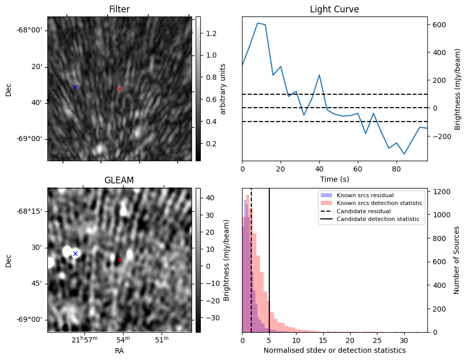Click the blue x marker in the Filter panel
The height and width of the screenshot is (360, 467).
[75, 87]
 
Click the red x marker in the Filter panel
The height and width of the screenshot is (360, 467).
[119, 89]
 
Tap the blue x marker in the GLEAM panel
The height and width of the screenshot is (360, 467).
[75, 253]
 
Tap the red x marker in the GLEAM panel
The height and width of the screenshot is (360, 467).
[119, 260]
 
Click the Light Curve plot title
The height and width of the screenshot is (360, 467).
[334, 9]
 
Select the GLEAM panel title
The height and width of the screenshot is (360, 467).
[119, 180]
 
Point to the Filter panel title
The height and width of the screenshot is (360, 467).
[119, 9]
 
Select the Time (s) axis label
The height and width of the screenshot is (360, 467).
[334, 178]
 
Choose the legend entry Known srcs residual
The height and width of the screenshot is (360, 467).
[365, 195]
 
